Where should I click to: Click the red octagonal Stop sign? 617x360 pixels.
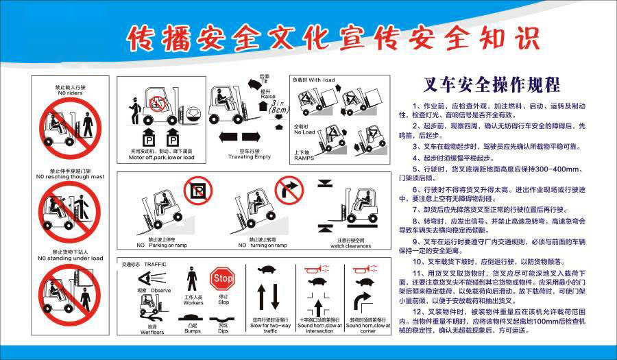click(x=222, y=279)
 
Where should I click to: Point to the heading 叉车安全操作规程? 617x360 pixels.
click(x=492, y=84)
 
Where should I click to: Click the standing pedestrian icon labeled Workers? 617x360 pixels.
click(x=193, y=282)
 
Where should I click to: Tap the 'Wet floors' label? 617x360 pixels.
click(x=152, y=331)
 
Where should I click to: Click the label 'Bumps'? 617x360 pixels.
click(x=193, y=331)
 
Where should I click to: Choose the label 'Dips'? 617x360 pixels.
click(x=222, y=331)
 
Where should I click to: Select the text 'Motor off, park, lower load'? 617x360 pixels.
click(x=161, y=157)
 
